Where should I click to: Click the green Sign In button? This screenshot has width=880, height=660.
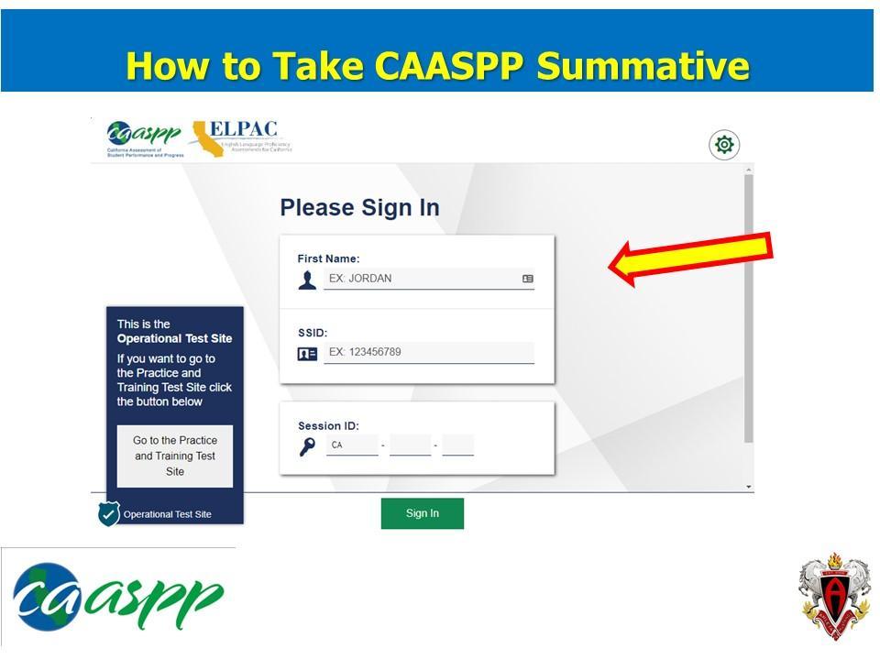[x=422, y=513]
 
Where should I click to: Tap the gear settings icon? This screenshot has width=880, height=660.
[x=724, y=145]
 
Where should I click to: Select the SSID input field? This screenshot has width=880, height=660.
[x=428, y=352]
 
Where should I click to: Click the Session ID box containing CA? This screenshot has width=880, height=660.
[x=352, y=445]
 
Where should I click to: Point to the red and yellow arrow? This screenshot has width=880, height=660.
[x=692, y=258]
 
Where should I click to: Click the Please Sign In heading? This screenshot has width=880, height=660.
[x=359, y=208]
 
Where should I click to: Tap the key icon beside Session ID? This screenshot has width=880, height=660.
[x=308, y=446]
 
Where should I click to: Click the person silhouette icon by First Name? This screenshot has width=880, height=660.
[x=307, y=280]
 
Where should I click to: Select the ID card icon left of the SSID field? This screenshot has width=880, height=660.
[x=307, y=353]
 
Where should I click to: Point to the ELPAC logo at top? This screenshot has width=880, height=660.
[x=239, y=137]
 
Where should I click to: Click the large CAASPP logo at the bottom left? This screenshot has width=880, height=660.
[x=116, y=597]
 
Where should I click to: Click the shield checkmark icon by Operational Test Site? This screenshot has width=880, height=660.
[x=109, y=513]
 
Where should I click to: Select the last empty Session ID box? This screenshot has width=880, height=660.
[x=457, y=445]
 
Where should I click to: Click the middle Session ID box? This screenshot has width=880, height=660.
[x=410, y=445]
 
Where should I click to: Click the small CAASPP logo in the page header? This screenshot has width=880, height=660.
[x=145, y=138]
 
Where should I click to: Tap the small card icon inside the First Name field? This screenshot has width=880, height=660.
[x=528, y=279]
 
